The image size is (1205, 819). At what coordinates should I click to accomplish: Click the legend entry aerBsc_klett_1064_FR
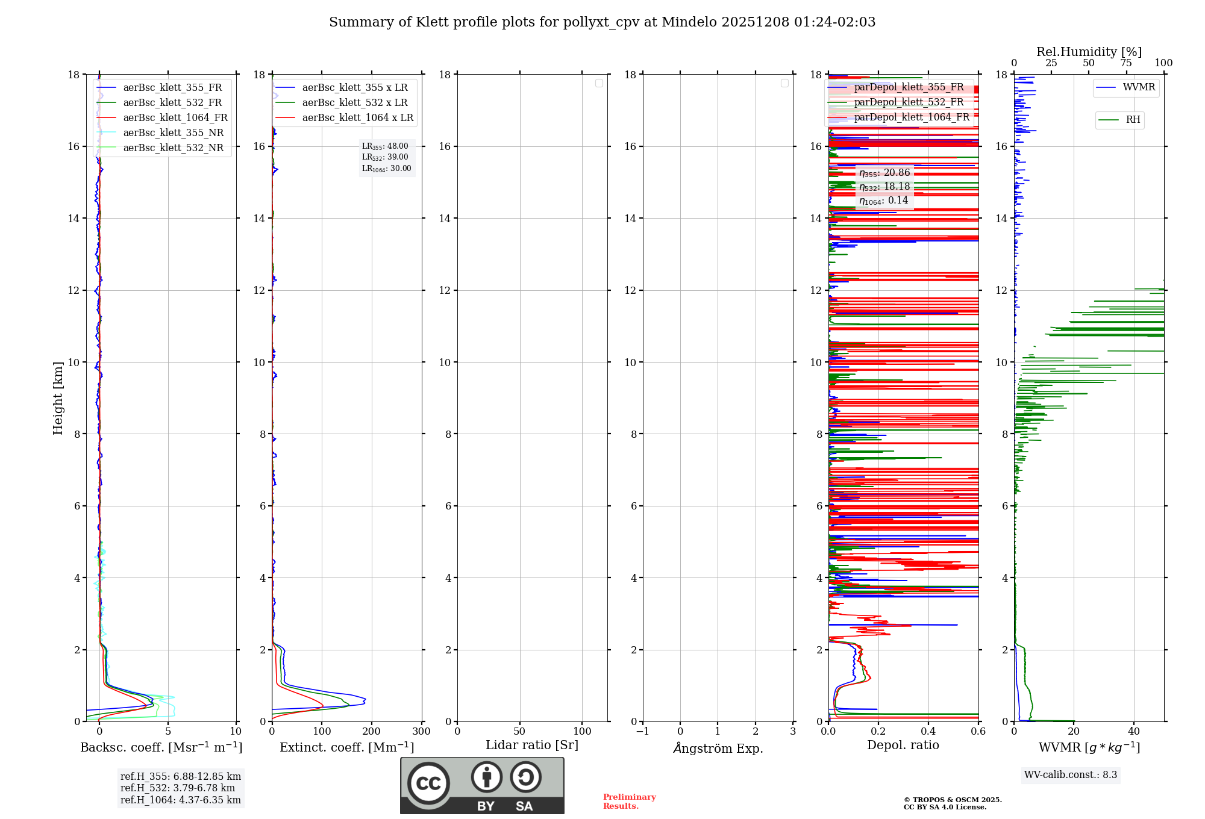[x=175, y=118]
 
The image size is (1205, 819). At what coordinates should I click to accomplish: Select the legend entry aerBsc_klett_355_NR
[x=173, y=133]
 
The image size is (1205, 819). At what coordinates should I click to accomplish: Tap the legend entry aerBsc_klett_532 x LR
[x=354, y=103]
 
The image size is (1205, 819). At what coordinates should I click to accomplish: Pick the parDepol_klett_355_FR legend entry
[x=909, y=87]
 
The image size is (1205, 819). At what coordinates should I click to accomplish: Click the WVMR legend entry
[x=1139, y=87]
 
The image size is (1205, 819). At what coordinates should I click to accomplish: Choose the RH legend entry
[x=1133, y=120]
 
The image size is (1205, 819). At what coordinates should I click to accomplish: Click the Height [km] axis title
[x=58, y=398]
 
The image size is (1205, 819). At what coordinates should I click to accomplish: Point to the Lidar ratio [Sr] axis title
[x=532, y=745]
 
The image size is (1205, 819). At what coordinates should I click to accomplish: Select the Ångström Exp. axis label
[x=718, y=748]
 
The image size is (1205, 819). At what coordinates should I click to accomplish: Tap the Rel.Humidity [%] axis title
[x=1089, y=52]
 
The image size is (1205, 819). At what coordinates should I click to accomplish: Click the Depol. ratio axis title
[x=903, y=745]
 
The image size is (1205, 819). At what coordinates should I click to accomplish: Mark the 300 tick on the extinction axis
[x=422, y=731]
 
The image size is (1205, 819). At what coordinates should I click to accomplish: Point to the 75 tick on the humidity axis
[x=1126, y=63]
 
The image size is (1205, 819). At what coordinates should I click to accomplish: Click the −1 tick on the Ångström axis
[x=642, y=731]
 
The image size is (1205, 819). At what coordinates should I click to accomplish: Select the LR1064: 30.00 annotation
[x=386, y=169]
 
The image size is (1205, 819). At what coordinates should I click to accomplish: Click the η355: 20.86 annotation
[x=884, y=173]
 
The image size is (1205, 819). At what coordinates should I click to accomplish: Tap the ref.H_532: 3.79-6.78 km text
[x=178, y=788]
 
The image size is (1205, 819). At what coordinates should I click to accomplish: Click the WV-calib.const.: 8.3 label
[x=1071, y=775]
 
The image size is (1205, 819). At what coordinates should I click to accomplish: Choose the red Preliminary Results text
[x=629, y=802]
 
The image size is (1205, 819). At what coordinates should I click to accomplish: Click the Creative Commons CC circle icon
[x=428, y=783]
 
